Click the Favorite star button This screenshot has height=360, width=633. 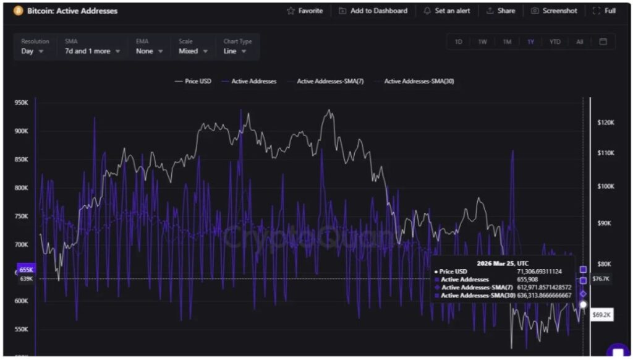(x=305, y=11)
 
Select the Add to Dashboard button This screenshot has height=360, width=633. (x=373, y=11)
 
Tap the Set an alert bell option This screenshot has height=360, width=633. (x=446, y=11)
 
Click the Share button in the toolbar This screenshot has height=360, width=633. (x=501, y=11)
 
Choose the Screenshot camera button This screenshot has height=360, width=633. (x=554, y=11)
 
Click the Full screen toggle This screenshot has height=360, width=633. (x=604, y=11)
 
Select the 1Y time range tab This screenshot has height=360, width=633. (x=530, y=42)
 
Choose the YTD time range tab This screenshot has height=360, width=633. (x=554, y=42)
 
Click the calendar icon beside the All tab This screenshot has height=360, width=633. (x=603, y=42)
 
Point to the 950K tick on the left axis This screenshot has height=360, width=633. (x=22, y=103)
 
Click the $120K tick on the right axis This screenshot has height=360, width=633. (x=606, y=122)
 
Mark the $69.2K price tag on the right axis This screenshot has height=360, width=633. (x=601, y=315)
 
